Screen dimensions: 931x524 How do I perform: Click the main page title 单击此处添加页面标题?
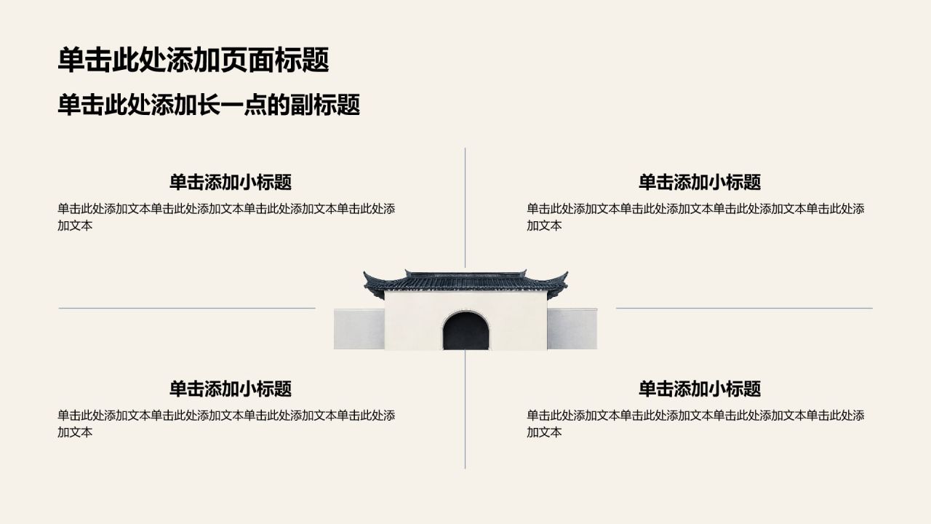[193, 60]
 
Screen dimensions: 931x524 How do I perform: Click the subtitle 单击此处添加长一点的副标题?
[209, 105]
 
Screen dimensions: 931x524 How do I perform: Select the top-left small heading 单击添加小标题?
[231, 182]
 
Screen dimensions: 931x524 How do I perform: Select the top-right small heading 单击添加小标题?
[700, 182]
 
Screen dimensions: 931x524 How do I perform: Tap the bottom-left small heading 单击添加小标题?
[231, 389]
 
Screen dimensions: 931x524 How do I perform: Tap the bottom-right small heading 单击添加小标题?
[700, 389]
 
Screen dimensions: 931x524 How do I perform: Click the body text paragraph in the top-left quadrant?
[226, 217]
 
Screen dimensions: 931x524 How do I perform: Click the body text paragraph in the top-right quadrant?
[695, 217]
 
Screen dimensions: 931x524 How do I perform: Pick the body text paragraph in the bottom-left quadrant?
[226, 424]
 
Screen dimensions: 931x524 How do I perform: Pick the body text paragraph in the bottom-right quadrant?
[695, 424]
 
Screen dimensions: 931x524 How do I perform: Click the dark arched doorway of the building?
[465, 332]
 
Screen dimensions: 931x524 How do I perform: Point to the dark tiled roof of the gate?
[465, 282]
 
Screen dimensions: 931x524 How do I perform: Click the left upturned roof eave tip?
[364, 273]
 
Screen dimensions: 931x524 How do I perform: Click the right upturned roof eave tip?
[567, 273]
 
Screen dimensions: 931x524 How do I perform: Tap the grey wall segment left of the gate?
[359, 329]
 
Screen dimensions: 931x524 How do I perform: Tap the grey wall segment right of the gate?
[572, 329]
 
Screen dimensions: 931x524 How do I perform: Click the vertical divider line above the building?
[465, 208]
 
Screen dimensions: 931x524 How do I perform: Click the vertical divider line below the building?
[465, 410]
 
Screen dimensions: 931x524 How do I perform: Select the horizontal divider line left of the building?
[187, 308]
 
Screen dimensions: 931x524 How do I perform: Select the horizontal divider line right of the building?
[744, 308]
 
